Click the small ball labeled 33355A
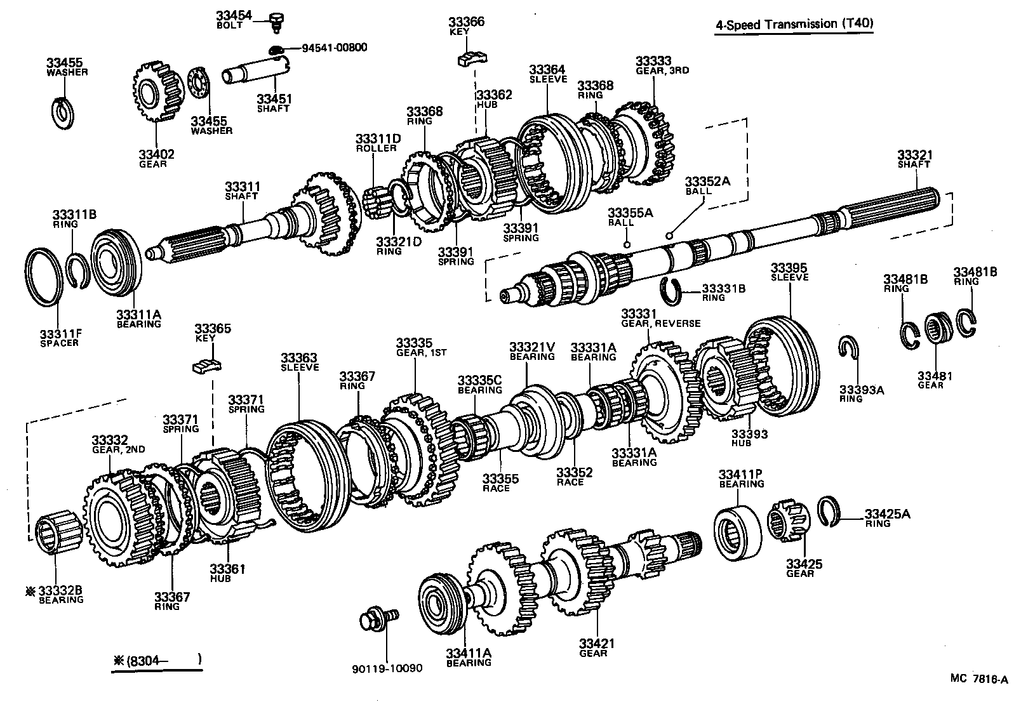627,244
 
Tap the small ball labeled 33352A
669,235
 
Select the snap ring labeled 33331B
671,289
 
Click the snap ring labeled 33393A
848,347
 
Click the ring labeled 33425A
829,512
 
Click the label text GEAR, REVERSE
660,324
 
